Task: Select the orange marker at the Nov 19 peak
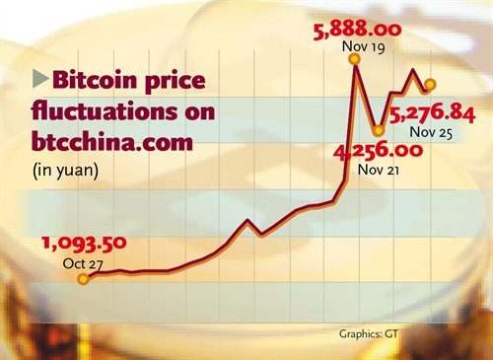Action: pos(353,60)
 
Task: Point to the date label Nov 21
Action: pos(379,169)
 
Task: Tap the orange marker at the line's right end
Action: pos(429,84)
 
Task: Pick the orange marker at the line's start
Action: pos(83,279)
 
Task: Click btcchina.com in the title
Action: pos(109,143)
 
